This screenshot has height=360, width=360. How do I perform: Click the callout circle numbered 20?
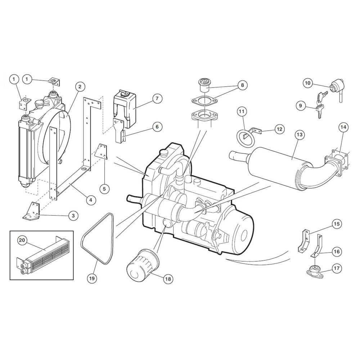[22, 240]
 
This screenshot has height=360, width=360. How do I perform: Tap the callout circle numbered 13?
[300, 135]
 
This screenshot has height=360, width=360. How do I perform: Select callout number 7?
[157, 99]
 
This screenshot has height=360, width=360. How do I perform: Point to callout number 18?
[168, 279]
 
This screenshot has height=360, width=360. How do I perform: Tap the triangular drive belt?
[97, 239]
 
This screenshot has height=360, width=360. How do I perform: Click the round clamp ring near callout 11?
[244, 138]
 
